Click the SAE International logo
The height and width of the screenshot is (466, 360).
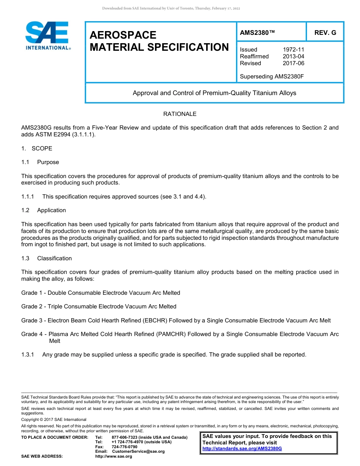coord(47,36)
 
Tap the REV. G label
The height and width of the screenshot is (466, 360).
coord(325,33)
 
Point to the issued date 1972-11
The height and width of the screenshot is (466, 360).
coord(293,50)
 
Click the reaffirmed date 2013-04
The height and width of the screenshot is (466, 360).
coord(293,56)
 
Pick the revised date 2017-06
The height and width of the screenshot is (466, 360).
coord(293,63)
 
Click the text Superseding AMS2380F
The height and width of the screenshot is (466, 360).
coord(272,77)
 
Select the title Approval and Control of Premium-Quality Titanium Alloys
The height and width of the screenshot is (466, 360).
coord(214,93)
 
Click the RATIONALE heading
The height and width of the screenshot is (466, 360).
coord(180,114)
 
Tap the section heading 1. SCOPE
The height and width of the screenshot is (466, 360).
coord(37,149)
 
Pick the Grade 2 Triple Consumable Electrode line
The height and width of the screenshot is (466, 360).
coord(99,306)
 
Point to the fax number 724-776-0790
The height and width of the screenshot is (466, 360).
coord(124,447)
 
